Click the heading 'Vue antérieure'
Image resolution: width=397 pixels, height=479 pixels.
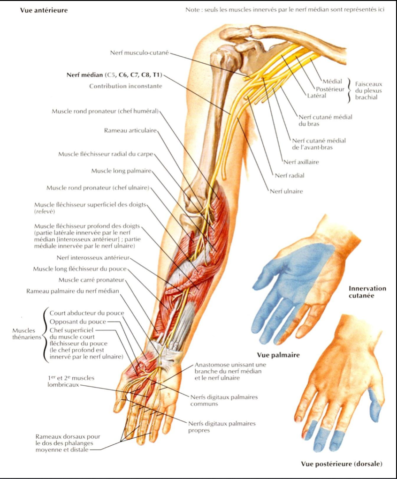(44, 10)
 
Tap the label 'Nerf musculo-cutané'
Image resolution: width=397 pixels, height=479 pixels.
(138, 52)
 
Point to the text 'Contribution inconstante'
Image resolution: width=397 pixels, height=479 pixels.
(126, 86)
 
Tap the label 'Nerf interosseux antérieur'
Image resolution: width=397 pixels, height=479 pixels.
(92, 257)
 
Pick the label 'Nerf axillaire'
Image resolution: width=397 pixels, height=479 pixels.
(301, 162)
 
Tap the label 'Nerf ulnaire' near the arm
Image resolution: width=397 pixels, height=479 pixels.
(286, 191)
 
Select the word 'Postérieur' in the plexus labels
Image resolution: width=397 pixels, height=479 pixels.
(330, 89)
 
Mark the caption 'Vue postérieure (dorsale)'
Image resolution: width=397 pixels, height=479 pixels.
(341, 464)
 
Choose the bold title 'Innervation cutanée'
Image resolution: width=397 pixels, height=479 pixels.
(367, 292)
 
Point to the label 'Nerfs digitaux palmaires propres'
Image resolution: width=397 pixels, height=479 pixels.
(223, 427)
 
